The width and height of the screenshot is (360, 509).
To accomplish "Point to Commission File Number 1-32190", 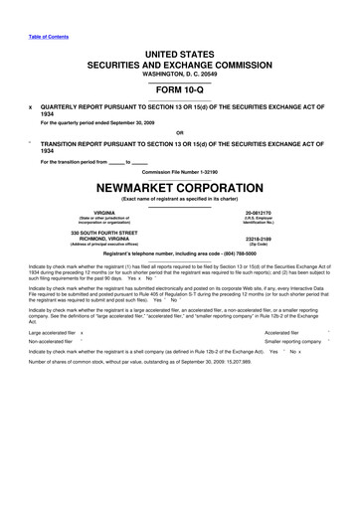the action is [x=180, y=172].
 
